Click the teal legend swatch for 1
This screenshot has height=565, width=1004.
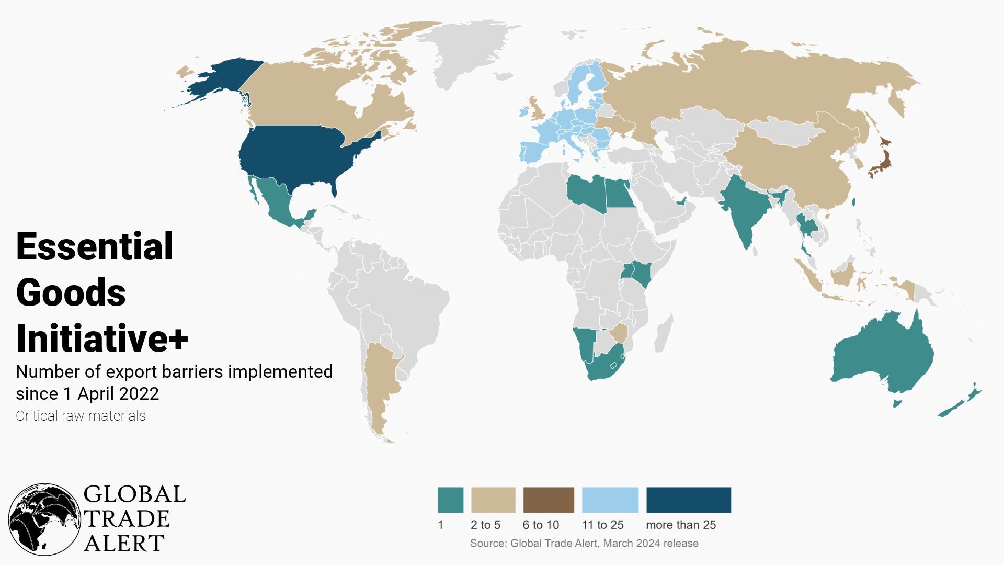pyautogui.click(x=450, y=500)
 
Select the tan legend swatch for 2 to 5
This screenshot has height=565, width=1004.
pyautogui.click(x=493, y=500)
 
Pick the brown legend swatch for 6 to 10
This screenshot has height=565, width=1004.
pyautogui.click(x=549, y=500)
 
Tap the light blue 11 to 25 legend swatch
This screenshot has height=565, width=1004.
pyautogui.click(x=610, y=500)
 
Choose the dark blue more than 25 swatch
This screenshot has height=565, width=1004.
pyautogui.click(x=689, y=500)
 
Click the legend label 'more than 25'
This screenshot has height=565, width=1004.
pyautogui.click(x=681, y=525)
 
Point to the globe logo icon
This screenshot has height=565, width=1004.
pyautogui.click(x=44, y=519)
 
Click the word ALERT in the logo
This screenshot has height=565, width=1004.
pyautogui.click(x=124, y=544)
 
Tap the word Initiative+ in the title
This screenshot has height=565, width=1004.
pyautogui.click(x=102, y=338)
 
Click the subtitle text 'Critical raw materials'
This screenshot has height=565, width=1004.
pyautogui.click(x=81, y=416)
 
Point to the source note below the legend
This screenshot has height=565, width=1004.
pyautogui.click(x=584, y=543)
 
